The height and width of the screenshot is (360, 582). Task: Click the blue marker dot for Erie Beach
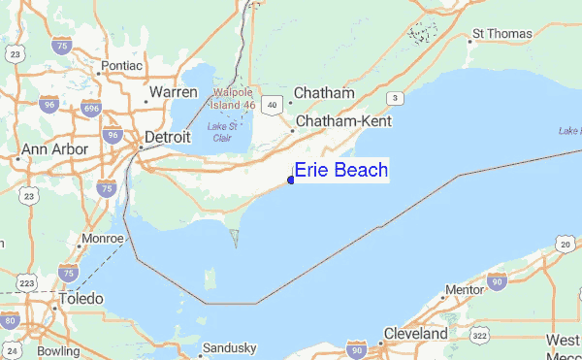[291, 180]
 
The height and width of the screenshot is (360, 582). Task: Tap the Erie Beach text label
[340, 171]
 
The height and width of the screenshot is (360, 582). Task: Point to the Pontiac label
[121, 66]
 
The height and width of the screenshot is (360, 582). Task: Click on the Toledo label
[80, 300]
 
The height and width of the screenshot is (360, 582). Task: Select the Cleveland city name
[414, 334]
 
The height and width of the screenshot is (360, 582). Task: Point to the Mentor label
[463, 290]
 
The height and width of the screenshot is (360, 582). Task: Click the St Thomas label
[501, 34]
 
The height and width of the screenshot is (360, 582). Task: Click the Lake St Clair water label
[224, 131]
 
